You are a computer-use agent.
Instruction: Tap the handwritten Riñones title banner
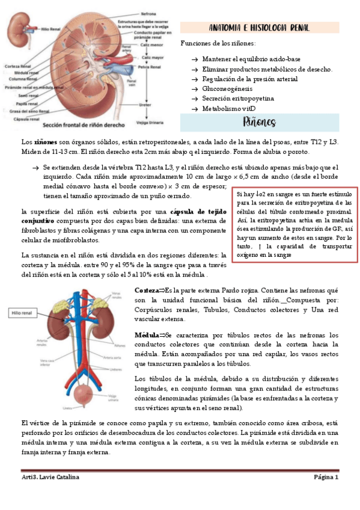[260, 123]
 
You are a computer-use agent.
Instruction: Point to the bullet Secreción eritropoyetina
[238, 98]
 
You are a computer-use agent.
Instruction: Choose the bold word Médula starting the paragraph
[147, 334]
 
